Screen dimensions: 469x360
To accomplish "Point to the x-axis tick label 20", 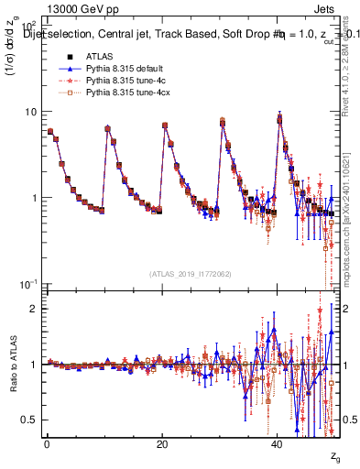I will click(x=162, y=443).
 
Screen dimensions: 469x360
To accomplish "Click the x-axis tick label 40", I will click(x=278, y=443).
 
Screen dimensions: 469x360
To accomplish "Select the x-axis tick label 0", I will click(x=47, y=443).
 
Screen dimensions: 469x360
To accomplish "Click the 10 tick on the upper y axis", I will click(x=33, y=112).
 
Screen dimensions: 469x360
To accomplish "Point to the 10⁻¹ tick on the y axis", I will click(x=30, y=284).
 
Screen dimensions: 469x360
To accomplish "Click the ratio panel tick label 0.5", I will click(x=34, y=420).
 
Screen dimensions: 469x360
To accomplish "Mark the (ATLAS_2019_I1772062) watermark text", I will click(x=191, y=274).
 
